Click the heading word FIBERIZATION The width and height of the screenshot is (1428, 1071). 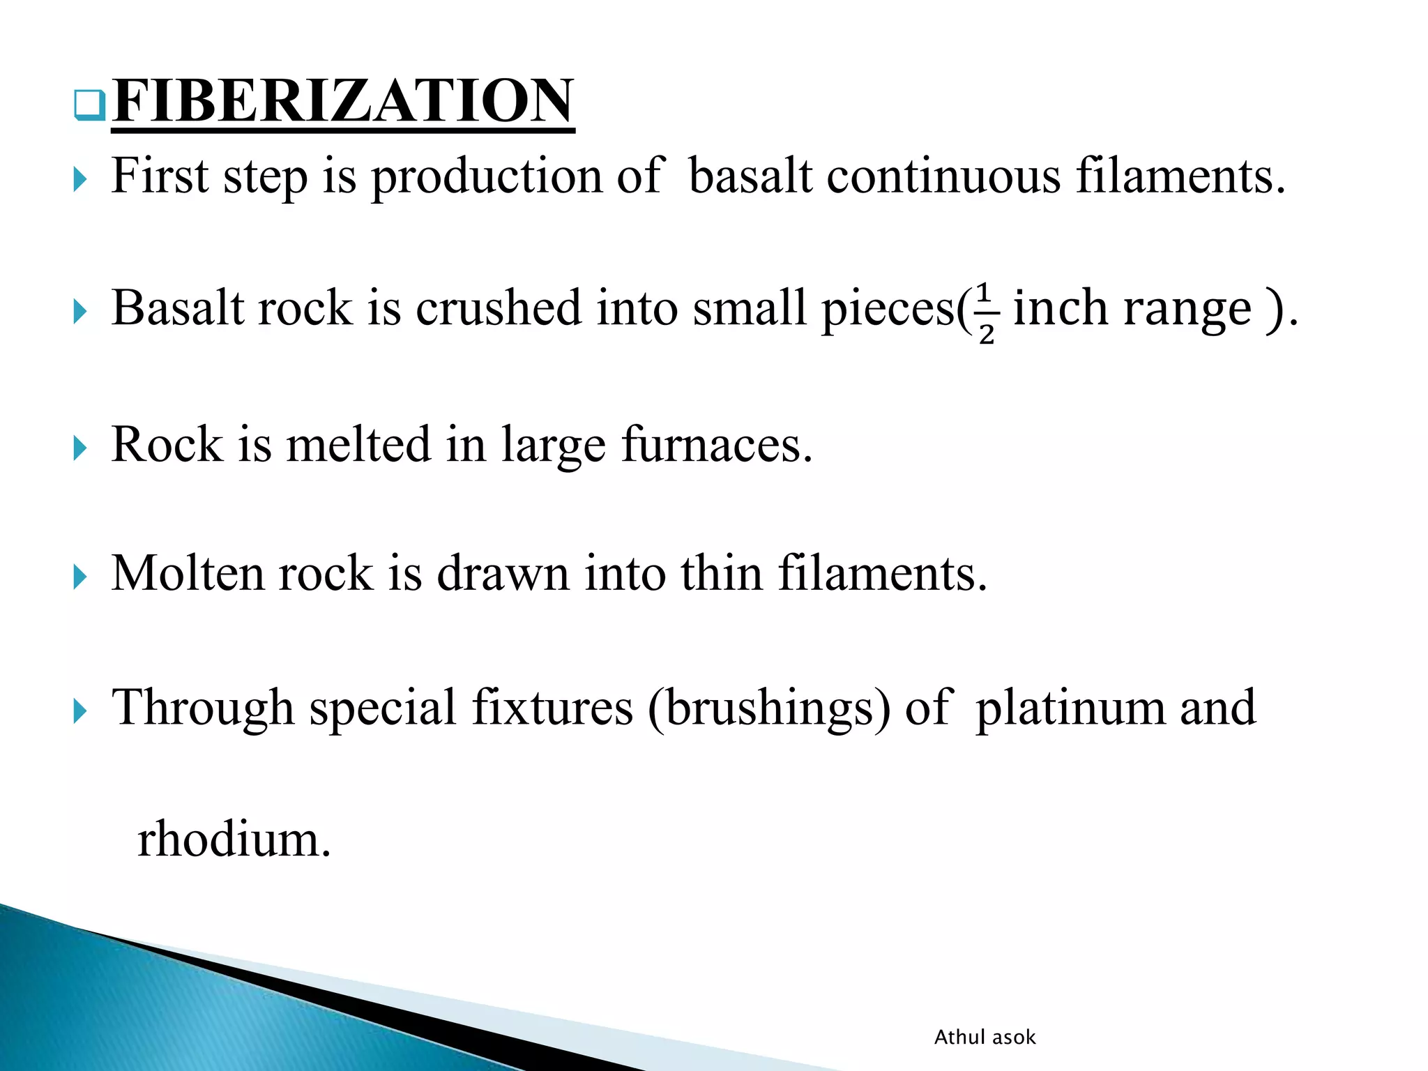click(x=343, y=102)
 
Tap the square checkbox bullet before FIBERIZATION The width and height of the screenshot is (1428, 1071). click(x=89, y=105)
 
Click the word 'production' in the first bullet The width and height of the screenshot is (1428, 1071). click(x=486, y=176)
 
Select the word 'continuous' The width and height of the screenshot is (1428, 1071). click(x=943, y=176)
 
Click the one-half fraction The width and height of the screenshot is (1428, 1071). click(x=985, y=313)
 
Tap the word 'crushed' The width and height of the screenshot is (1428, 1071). click(x=499, y=308)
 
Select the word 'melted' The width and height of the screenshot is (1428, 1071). click(x=358, y=445)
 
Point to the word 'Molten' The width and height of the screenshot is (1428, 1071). click(x=188, y=574)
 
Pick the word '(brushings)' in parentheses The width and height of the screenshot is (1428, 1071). click(x=769, y=708)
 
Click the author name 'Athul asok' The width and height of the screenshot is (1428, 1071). click(x=985, y=1038)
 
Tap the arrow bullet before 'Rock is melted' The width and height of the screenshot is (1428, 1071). click(x=80, y=448)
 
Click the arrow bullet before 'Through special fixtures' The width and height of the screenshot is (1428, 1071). click(x=80, y=712)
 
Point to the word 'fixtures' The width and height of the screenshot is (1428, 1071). click(x=552, y=708)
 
